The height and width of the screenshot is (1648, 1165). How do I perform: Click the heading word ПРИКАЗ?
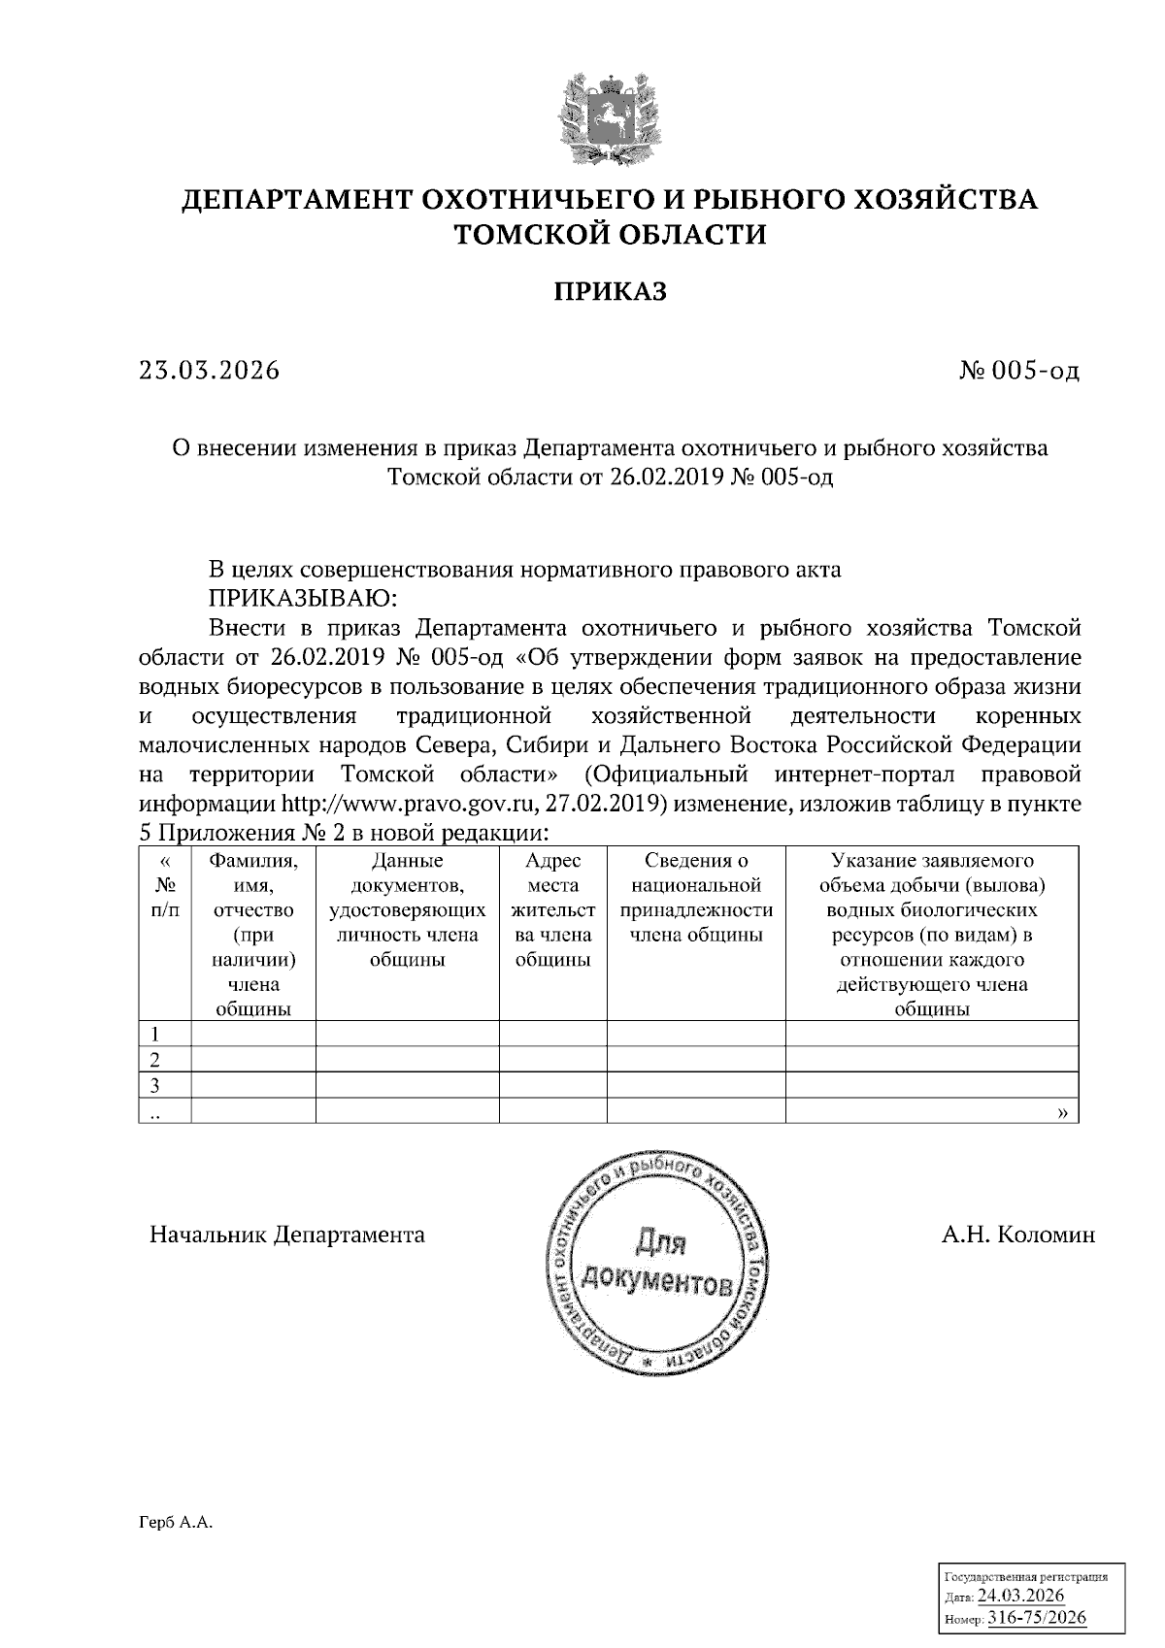611,292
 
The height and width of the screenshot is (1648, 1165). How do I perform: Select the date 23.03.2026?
209,371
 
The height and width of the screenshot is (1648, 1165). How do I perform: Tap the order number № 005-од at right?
1018,371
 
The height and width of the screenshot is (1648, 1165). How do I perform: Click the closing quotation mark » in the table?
1062,1112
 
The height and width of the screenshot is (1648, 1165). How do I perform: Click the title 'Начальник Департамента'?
286,1235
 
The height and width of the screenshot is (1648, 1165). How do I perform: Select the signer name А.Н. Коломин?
1017,1235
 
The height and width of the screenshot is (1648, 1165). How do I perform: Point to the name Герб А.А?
175,1524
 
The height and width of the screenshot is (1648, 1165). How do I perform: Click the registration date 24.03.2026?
1021,1597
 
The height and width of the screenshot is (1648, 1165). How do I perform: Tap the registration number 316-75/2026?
1036,1618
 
